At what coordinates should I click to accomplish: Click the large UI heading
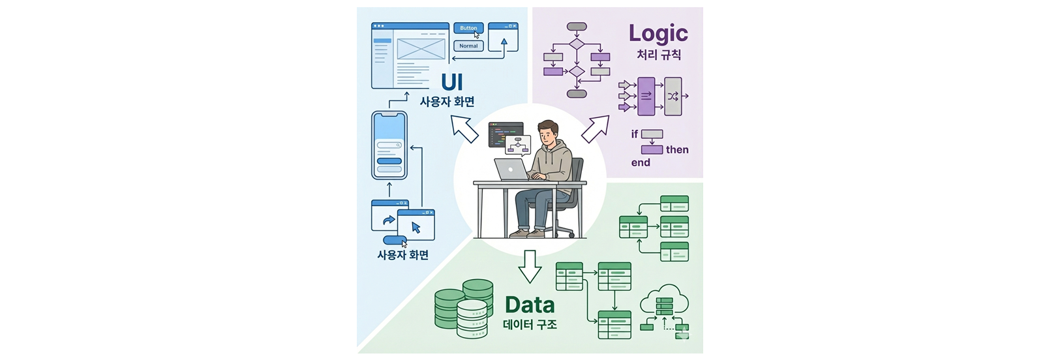[452, 82]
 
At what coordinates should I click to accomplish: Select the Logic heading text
[658, 33]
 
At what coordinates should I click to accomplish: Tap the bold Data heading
[530, 305]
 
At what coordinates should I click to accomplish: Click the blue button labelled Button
[468, 28]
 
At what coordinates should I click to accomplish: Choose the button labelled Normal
[468, 46]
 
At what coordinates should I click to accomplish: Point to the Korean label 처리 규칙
[659, 55]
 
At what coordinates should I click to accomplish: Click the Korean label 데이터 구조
[530, 325]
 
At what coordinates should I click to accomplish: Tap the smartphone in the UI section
[389, 145]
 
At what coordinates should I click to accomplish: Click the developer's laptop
[511, 169]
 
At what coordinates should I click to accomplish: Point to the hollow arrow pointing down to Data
[530, 265]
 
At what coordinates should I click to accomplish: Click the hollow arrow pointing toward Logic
[594, 128]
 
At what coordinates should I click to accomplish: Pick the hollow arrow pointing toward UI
[465, 128]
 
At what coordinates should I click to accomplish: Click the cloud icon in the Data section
[664, 301]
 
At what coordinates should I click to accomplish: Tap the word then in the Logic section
[677, 150]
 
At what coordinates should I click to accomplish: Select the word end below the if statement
[641, 163]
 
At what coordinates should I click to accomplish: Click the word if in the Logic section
[635, 134]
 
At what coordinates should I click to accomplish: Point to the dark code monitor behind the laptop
[505, 133]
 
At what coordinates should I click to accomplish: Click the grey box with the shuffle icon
[673, 97]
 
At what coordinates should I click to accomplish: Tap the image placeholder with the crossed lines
[421, 49]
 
